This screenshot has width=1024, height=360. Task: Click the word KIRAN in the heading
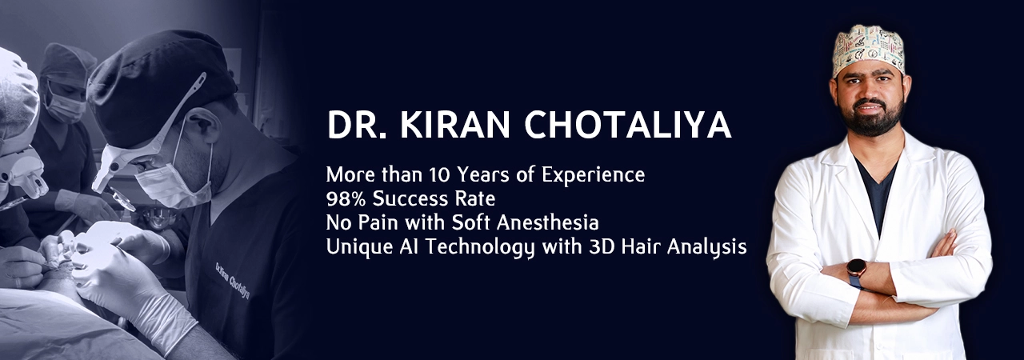pyautogui.click(x=454, y=125)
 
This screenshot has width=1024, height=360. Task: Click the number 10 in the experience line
pyautogui.click(x=440, y=174)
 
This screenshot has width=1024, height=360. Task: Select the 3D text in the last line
pyautogui.click(x=601, y=247)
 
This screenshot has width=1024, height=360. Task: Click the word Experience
pyautogui.click(x=593, y=176)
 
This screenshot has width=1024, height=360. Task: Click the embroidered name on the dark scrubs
pyautogui.click(x=232, y=280)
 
